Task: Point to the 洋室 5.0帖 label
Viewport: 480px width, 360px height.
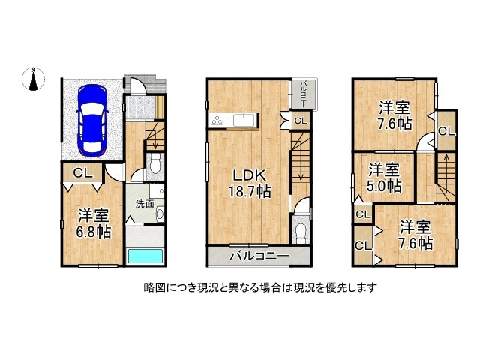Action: pyautogui.click(x=383, y=177)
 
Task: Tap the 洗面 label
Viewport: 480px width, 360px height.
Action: pyautogui.click(x=145, y=203)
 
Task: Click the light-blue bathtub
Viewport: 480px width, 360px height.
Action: pyautogui.click(x=145, y=255)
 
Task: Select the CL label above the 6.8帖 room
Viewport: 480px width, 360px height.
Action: pyautogui.click(x=81, y=173)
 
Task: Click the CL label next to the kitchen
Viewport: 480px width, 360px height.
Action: pyautogui.click(x=299, y=121)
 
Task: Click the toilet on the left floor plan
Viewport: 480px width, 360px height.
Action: pyautogui.click(x=154, y=164)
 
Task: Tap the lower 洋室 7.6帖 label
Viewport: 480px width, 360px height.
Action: pyautogui.click(x=415, y=234)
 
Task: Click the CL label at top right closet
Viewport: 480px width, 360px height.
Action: pyautogui.click(x=446, y=131)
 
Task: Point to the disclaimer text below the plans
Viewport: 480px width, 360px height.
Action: pyautogui.click(x=259, y=287)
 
